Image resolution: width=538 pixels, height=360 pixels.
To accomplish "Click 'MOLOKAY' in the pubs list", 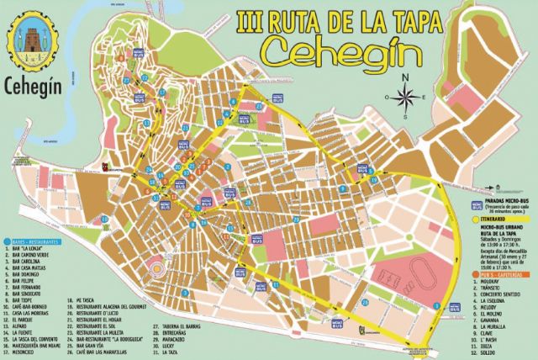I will click(x=491, y=284).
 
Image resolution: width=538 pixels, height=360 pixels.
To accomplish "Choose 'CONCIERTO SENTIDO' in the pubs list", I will click(x=501, y=298).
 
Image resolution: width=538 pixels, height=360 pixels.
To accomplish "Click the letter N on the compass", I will click(x=405, y=77).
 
